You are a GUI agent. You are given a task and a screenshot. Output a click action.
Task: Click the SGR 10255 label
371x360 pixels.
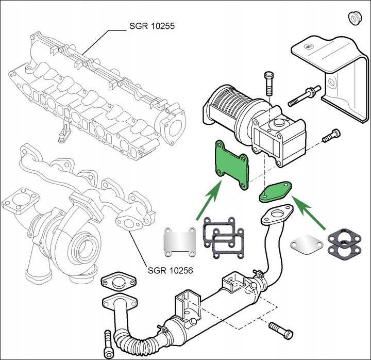pyautogui.click(x=152, y=26)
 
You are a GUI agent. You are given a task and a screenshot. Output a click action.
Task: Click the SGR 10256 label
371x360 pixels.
pyautogui.click(x=170, y=270)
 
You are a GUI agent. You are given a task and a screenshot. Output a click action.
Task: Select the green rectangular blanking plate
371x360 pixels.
pyautogui.click(x=232, y=166)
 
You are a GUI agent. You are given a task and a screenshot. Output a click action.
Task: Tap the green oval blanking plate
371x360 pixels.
pyautogui.click(x=276, y=192)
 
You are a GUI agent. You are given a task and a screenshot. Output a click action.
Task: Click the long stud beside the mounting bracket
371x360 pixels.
pyautogui.click(x=305, y=96)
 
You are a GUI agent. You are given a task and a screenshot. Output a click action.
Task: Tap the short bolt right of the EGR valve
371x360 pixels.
pyautogui.click(x=332, y=136)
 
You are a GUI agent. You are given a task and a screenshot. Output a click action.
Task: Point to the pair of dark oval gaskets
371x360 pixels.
pyautogui.click(x=345, y=244)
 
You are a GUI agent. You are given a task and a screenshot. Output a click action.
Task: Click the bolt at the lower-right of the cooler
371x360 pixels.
pyautogui.click(x=281, y=330)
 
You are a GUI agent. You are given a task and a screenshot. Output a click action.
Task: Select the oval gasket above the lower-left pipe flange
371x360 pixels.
pyautogui.click(x=119, y=282)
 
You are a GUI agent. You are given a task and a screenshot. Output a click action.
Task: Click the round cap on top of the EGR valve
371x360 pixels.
pyautogui.click(x=278, y=123)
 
